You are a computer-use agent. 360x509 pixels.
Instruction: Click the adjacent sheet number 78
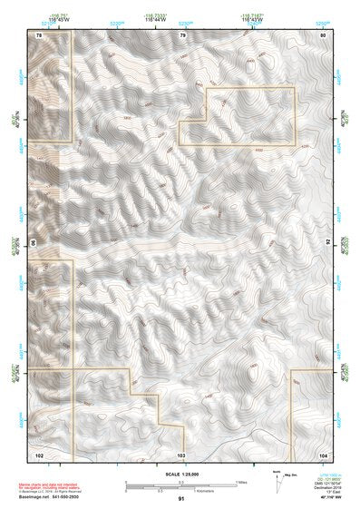click(39, 34)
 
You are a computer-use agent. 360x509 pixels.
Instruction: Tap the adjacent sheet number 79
click(182, 34)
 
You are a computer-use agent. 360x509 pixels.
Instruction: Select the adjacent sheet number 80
click(323, 34)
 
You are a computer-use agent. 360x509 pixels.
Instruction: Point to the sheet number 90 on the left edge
click(34, 243)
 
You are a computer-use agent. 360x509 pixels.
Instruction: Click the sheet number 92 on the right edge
click(327, 243)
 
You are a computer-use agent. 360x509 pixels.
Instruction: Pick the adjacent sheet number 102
click(39, 452)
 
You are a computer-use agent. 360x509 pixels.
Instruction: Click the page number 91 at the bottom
click(181, 498)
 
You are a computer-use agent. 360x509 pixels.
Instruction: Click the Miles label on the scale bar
click(241, 482)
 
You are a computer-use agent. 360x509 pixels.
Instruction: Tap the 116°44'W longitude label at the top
click(154, 17)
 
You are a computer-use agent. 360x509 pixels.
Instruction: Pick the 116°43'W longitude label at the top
click(250, 17)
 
